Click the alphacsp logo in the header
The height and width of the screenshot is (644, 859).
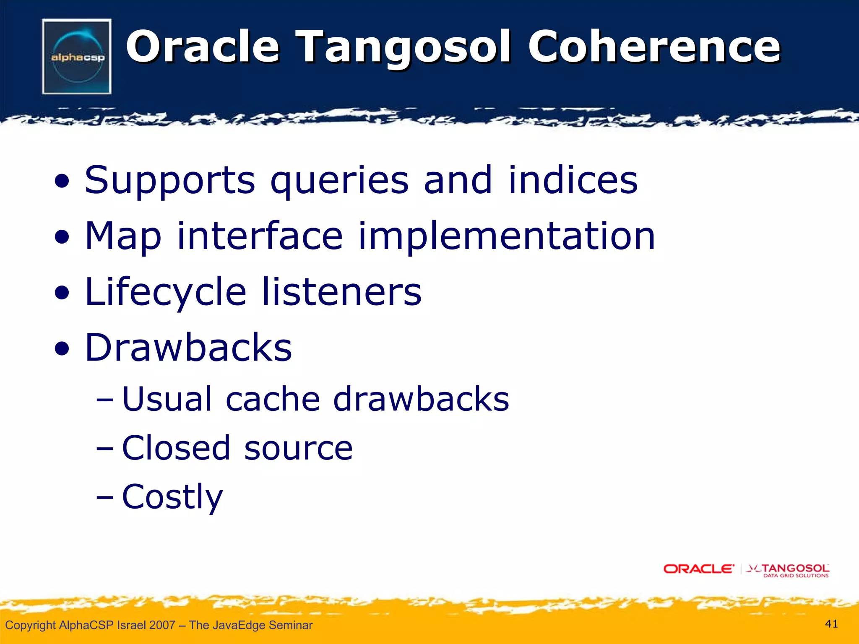click(x=77, y=56)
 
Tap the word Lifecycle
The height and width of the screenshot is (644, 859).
click(x=165, y=293)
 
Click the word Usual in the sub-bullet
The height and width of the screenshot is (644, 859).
click(x=167, y=399)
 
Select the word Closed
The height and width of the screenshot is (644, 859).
click(x=176, y=447)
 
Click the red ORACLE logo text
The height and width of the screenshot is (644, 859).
click(x=698, y=569)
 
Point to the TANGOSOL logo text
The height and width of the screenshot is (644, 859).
click(x=795, y=568)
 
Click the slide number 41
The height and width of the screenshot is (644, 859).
click(x=831, y=624)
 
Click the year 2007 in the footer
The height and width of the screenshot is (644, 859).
click(x=162, y=625)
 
